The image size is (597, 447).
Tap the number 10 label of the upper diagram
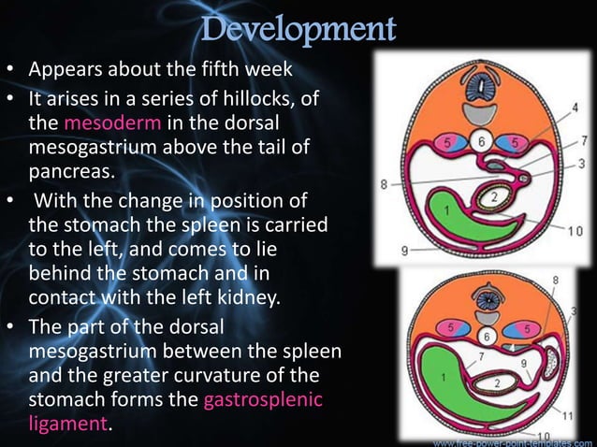pyautogui.click(x=575, y=230)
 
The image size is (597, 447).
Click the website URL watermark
pyautogui.click(x=514, y=440)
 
